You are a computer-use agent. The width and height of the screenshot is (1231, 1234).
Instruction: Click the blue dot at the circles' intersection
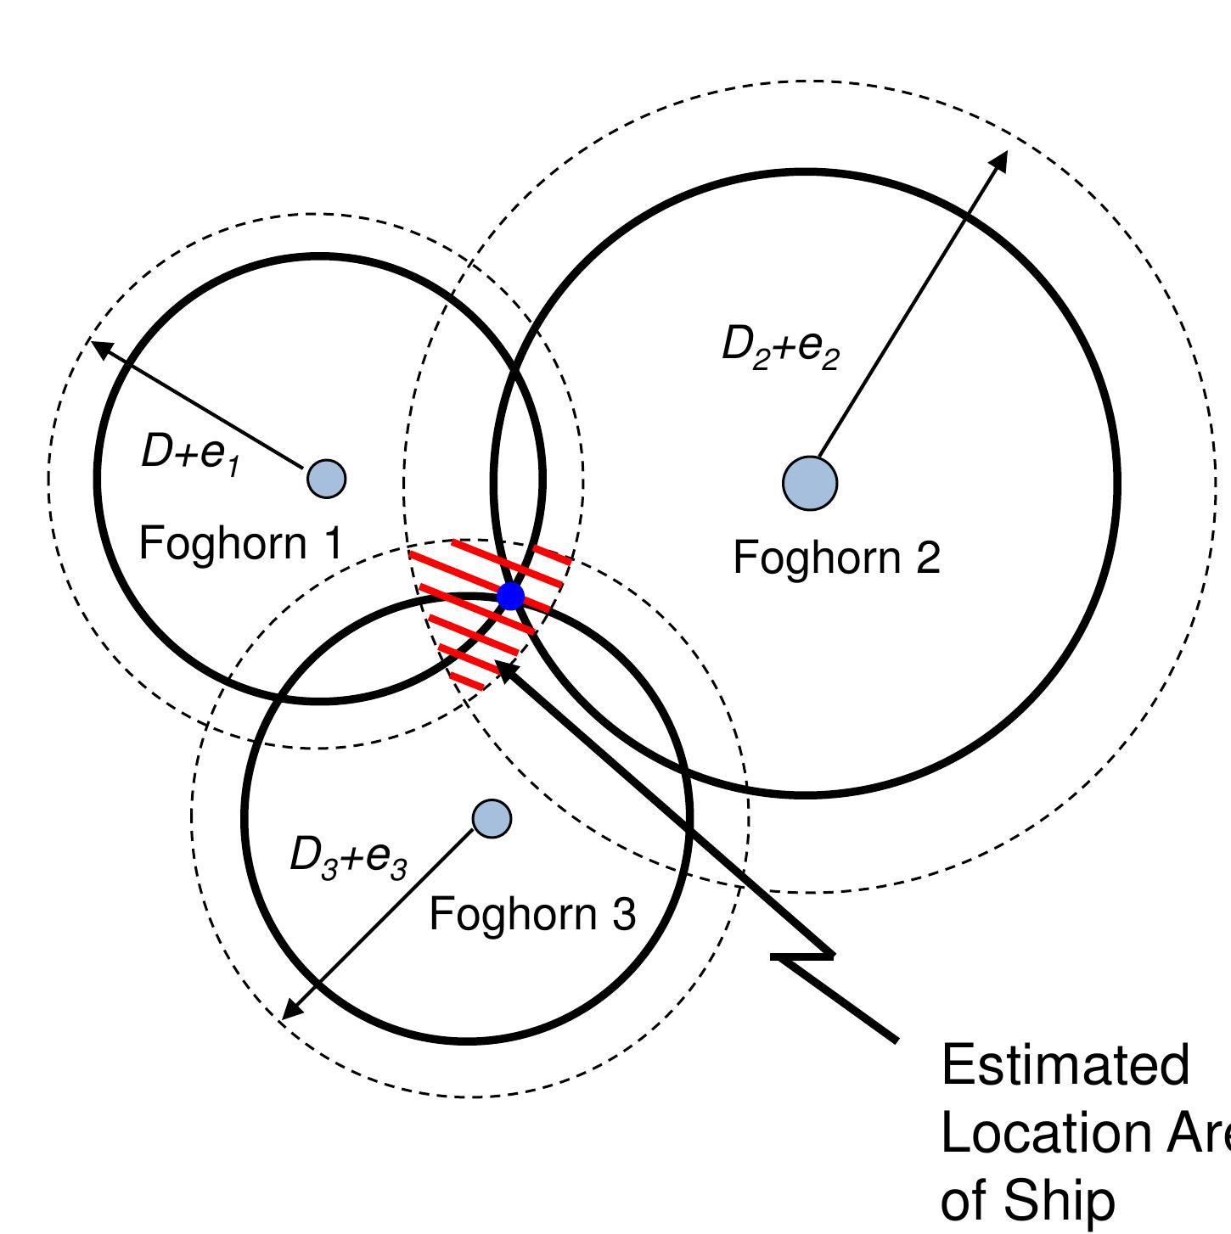coord(510,596)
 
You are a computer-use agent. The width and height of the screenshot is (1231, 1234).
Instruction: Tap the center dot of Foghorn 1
coord(326,479)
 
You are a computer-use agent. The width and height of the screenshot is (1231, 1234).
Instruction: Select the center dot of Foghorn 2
coord(810,483)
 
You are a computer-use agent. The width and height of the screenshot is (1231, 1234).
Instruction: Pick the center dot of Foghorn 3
coord(492,818)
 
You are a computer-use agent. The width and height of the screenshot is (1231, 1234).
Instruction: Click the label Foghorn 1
coord(241,543)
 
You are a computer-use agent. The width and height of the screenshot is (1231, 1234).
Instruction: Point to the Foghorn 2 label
coord(836,558)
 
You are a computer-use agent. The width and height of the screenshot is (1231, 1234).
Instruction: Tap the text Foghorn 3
coord(532,914)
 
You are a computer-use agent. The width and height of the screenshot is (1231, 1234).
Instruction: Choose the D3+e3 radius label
coord(348,856)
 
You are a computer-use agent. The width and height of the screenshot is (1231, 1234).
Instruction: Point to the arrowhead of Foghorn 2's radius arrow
coord(1001,159)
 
